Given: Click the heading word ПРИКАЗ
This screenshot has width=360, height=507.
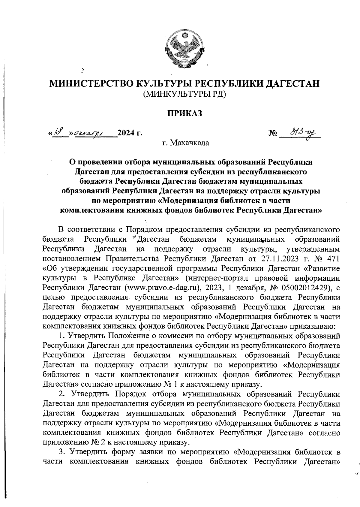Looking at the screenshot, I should pyautogui.click(x=184, y=113).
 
